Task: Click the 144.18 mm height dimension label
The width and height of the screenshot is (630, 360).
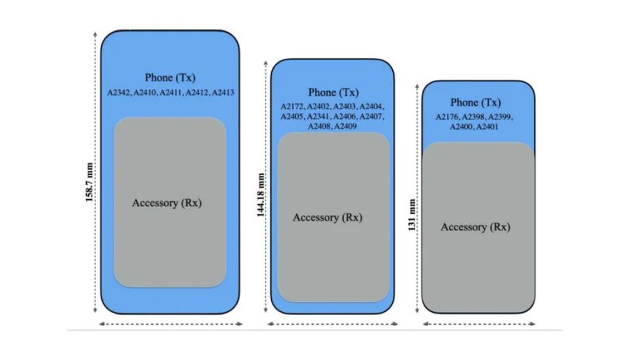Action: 261,195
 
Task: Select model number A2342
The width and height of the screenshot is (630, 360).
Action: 119,92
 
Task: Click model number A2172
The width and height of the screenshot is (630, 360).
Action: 292,107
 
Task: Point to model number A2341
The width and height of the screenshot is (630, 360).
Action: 319,116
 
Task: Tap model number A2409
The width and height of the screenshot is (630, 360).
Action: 346,126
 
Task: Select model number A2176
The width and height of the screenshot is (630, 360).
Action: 448,117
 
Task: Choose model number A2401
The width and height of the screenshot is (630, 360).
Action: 488,127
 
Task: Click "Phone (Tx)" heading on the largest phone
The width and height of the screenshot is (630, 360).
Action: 170,78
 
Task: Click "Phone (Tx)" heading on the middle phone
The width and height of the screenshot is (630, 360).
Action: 333,92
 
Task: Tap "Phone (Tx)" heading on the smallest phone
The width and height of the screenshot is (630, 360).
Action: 475,103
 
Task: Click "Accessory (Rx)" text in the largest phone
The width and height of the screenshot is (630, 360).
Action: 167,202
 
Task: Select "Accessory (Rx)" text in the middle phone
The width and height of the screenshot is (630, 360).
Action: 328,217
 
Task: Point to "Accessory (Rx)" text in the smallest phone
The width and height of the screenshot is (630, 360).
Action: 475,227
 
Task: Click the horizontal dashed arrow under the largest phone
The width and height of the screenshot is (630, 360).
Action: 170,324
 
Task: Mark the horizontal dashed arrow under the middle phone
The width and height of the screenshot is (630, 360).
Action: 333,324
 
